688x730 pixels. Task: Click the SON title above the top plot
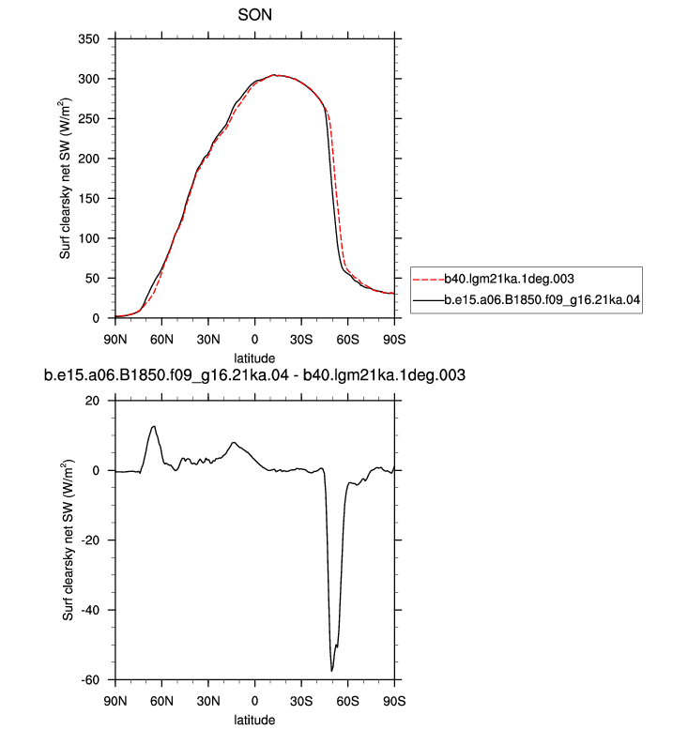(254, 15)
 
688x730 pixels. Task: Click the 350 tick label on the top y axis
(88, 39)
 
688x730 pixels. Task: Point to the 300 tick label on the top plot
(88, 79)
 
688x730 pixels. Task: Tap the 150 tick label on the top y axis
(88, 199)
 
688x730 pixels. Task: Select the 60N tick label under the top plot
(161, 340)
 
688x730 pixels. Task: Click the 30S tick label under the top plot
(301, 340)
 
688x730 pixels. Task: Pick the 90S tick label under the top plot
(394, 340)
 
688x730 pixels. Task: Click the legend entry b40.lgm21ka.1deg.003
(509, 279)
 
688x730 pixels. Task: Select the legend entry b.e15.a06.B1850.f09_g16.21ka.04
(543, 300)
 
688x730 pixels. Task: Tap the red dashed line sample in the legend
(429, 280)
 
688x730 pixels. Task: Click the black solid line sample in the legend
(429, 300)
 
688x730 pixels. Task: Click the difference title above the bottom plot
(254, 375)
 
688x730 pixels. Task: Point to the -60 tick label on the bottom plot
(90, 679)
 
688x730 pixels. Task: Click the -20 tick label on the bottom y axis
(90, 540)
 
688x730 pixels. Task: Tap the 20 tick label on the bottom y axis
(93, 401)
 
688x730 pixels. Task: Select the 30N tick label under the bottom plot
(208, 701)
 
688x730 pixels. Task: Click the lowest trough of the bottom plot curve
(331, 671)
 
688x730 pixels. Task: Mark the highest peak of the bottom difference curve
(153, 426)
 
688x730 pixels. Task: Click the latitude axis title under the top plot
(254, 358)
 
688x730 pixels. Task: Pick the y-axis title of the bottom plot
(68, 540)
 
